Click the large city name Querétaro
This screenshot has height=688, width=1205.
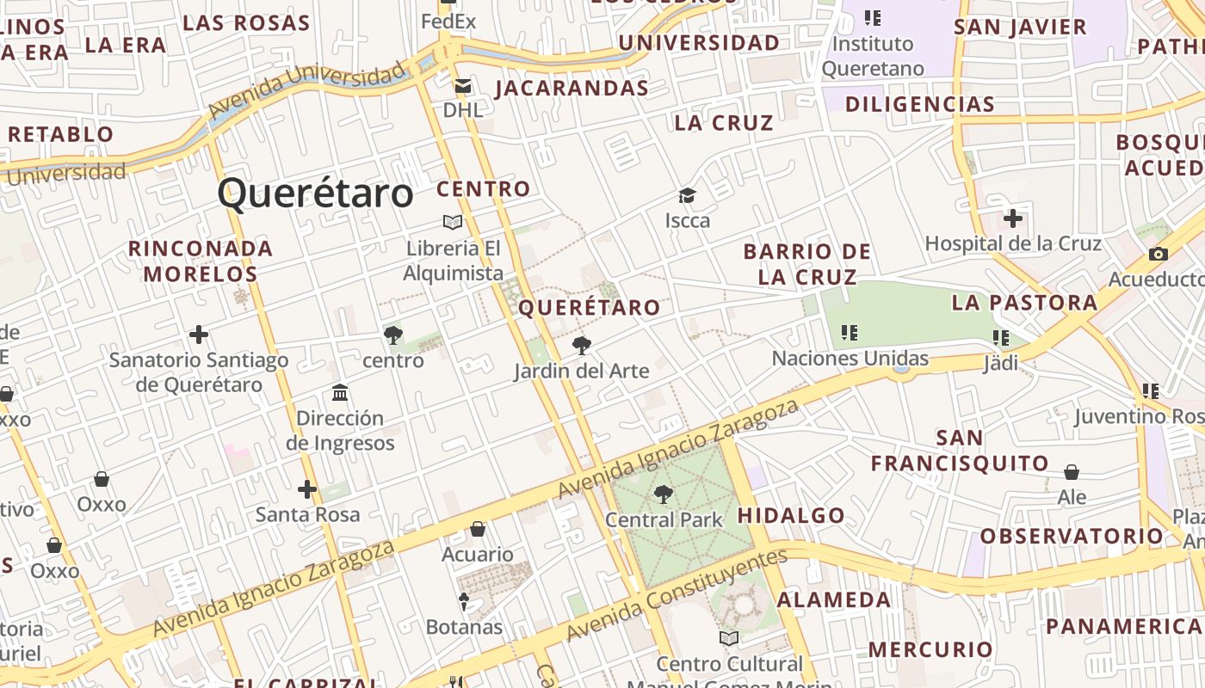coord(315,193)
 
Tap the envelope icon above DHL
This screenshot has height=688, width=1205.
coord(463,86)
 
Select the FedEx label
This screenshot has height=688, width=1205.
coord(448,21)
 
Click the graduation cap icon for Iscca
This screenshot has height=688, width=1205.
coord(687,196)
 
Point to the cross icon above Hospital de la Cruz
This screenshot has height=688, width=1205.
coord(1013,218)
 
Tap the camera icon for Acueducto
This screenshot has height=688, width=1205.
coord(1159,255)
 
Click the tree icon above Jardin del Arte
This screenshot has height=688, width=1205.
coord(582,346)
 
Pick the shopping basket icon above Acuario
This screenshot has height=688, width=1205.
coord(478,530)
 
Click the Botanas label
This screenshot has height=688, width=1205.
coord(464,627)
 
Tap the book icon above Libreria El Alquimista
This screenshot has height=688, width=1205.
coord(453,223)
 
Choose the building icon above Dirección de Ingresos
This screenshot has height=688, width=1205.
coord(340,393)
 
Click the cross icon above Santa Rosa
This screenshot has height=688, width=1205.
coord(307,490)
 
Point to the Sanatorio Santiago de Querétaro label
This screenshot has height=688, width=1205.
coord(199,372)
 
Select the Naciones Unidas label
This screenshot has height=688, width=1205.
coord(850,358)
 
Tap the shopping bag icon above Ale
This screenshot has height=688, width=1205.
coord(1072,472)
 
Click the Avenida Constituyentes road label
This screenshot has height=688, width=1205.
coord(676,594)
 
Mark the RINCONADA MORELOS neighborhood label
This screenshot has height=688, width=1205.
coord(201,261)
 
